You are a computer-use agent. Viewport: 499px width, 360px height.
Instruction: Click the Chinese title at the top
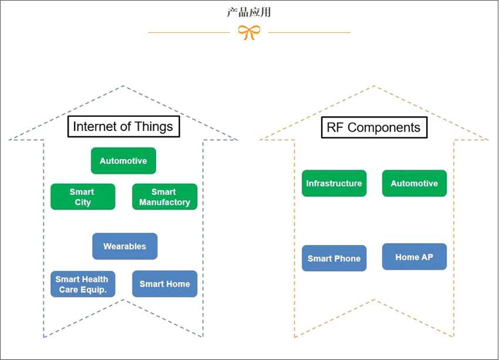(249, 12)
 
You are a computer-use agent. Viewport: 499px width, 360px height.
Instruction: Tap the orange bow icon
(249, 32)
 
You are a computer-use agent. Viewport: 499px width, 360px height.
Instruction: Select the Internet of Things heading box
(123, 126)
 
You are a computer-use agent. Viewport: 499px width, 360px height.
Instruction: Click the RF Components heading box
(374, 127)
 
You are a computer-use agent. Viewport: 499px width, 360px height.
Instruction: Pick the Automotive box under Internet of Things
(123, 161)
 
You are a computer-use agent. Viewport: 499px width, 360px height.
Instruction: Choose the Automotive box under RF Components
(414, 183)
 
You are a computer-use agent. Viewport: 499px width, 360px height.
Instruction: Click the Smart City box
(82, 197)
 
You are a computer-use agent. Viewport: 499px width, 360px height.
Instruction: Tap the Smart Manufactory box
(164, 197)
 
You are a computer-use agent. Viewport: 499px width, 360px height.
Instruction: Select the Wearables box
(124, 246)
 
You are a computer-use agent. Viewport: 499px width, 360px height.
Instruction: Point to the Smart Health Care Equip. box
(82, 284)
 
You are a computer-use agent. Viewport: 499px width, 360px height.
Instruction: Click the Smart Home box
(164, 284)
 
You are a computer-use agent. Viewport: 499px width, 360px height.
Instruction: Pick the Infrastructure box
(334, 183)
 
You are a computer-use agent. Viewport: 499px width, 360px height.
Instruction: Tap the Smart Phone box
(334, 258)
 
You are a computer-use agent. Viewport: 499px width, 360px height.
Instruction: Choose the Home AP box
(414, 257)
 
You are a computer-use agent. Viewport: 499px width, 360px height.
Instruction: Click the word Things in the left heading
(154, 126)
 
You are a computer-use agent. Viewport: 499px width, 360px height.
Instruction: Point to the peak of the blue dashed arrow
(123, 86)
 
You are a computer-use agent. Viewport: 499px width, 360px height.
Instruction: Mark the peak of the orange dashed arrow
(374, 86)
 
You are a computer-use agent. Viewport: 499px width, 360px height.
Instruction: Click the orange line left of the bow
(188, 32)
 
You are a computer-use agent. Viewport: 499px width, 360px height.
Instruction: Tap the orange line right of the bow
(309, 32)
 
